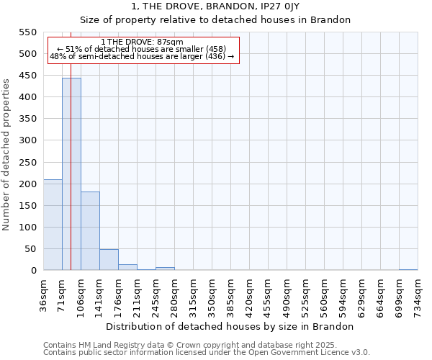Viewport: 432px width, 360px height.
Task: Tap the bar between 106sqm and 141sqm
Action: pyautogui.click(x=90, y=231)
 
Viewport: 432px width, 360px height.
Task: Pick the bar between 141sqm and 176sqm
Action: pyautogui.click(x=109, y=260)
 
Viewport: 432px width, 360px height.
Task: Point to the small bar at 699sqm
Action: pyautogui.click(x=408, y=269)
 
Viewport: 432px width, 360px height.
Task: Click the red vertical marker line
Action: pyautogui.click(x=71, y=144)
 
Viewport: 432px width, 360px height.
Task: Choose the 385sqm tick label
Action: pyautogui.click(x=231, y=294)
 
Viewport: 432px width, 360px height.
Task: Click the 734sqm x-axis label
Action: pyautogui.click(x=418, y=294)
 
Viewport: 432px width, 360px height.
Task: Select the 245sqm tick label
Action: pyautogui.click(x=156, y=294)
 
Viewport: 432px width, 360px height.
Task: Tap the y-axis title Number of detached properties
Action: pyautogui.click(x=7, y=155)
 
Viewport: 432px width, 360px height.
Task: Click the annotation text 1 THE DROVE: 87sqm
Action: pyautogui.click(x=142, y=42)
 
